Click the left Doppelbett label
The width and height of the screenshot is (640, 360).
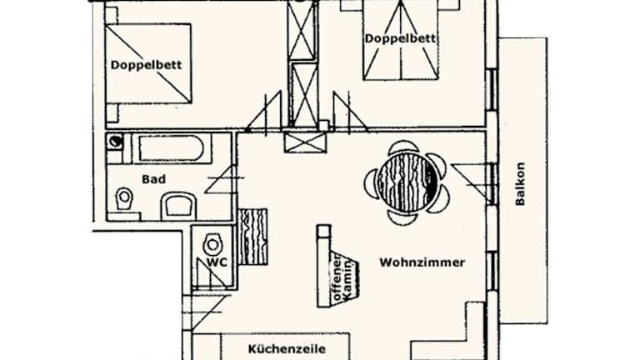point(146,64)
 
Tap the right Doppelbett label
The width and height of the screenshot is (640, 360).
point(402,37)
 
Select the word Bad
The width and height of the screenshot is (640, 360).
point(153,178)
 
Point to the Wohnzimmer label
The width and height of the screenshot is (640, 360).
point(422,262)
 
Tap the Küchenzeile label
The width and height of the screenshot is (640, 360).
point(286,349)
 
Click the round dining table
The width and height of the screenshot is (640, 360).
point(406,180)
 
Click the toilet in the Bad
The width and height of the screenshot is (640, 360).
point(124,198)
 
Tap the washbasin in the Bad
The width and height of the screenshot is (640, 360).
point(177,204)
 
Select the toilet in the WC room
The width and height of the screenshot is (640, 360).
point(213,244)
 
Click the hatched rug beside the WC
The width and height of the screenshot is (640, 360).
point(253,236)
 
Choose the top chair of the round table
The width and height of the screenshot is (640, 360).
point(404,147)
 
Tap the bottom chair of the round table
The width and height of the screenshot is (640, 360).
point(404,217)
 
